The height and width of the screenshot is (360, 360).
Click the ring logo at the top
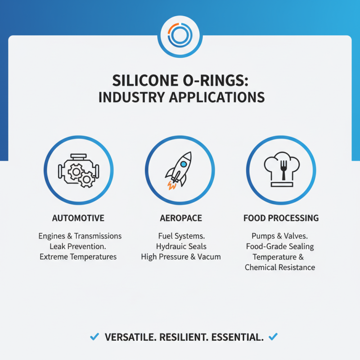pyautogui.click(x=180, y=36)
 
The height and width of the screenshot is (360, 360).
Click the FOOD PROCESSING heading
pyautogui.click(x=281, y=218)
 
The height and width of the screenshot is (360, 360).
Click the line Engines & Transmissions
pyautogui.click(x=80, y=236)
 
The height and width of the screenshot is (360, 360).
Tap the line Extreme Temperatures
pyautogui.click(x=78, y=257)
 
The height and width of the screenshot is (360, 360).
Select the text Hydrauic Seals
pyautogui.click(x=181, y=247)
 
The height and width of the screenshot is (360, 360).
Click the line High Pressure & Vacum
pyautogui.click(x=181, y=257)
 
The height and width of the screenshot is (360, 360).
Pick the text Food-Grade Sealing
pyautogui.click(x=280, y=247)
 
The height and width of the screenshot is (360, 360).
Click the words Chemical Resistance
pyautogui.click(x=280, y=267)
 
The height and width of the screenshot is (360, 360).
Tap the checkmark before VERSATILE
pyautogui.click(x=94, y=337)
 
